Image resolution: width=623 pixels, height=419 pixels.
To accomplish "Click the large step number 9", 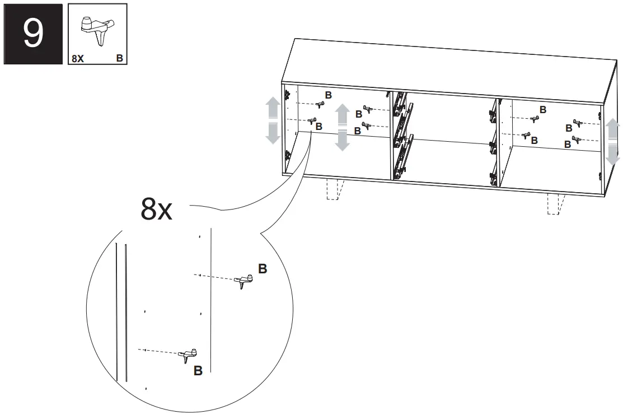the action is pyautogui.click(x=33, y=33).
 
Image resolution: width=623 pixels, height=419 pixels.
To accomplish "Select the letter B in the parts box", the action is pyautogui.click(x=119, y=58).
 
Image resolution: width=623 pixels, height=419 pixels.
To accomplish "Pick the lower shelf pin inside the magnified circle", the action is pyautogui.click(x=189, y=355).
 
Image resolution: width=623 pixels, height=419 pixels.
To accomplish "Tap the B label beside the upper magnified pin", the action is pyautogui.click(x=263, y=269).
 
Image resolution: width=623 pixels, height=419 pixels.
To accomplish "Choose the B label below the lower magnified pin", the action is pyautogui.click(x=198, y=370).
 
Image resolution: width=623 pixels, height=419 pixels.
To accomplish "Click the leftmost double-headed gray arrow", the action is pyautogui.click(x=273, y=120).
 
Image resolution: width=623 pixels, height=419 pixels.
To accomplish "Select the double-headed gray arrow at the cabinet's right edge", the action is pyautogui.click(x=613, y=140).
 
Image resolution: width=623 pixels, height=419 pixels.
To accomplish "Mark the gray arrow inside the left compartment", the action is pyautogui.click(x=342, y=127).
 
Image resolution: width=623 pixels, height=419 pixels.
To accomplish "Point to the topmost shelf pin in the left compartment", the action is pyautogui.click(x=321, y=104).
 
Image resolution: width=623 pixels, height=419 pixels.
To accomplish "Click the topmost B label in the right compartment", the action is pyautogui.click(x=543, y=110).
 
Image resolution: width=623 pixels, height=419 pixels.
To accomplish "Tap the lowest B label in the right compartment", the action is pyautogui.click(x=567, y=145).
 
